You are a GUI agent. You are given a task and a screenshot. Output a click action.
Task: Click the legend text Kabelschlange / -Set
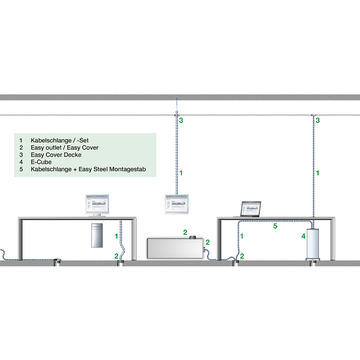point(59,140)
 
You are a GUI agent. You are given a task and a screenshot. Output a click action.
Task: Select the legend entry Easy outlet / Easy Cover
point(64,148)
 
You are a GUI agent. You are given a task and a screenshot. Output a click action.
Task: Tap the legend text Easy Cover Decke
point(56,155)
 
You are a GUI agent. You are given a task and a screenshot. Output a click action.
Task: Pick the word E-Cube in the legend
point(41,162)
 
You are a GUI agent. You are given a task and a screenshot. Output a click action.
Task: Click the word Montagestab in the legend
point(128,170)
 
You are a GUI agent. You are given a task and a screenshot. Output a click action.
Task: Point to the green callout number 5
point(275,226)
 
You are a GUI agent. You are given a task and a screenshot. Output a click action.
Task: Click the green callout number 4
point(303,236)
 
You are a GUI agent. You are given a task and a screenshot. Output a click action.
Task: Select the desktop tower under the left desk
point(97,235)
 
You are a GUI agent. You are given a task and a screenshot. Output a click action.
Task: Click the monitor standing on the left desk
point(97,206)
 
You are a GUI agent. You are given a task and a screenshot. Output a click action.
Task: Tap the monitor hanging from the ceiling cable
point(176,204)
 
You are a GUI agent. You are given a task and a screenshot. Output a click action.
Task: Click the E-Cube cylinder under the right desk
point(313,243)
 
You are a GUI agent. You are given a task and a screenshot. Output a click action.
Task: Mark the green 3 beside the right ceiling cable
point(318,120)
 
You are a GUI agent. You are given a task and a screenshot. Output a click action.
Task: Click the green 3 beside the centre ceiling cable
point(181,120)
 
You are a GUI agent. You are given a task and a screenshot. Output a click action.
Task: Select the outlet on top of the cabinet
point(192,237)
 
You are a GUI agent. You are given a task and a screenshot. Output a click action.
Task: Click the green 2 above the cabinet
point(185,232)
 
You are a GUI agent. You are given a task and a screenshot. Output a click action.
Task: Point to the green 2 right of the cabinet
point(207,242)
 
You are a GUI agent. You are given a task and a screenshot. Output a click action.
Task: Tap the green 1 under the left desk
point(117,236)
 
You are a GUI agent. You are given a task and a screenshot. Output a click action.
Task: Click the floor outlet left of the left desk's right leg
point(121,263)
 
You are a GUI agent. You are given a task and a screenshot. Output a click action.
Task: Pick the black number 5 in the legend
point(21,170)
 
